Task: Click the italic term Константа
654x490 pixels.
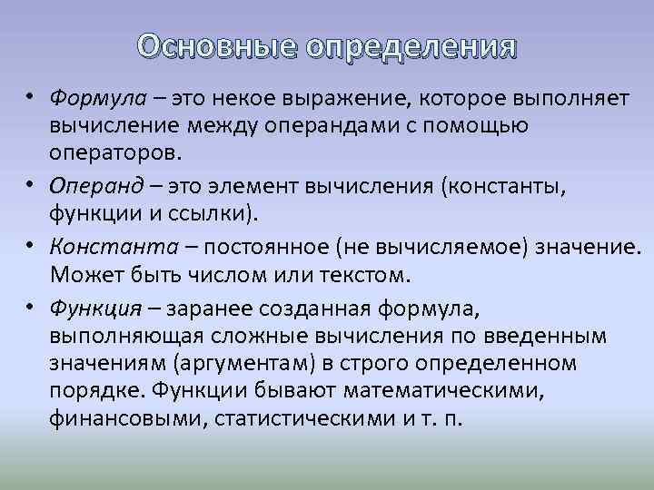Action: [x=108, y=248]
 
